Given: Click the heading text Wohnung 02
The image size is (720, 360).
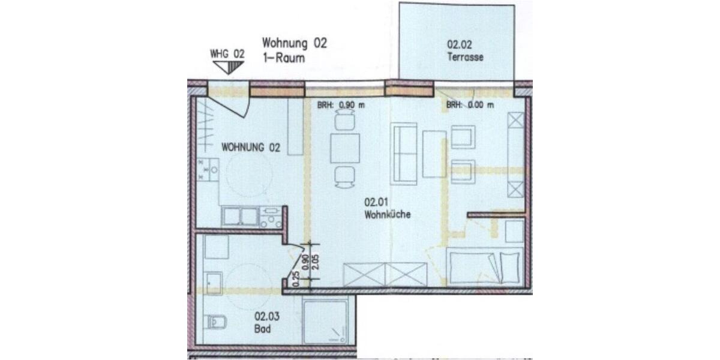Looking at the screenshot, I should tap(295, 44).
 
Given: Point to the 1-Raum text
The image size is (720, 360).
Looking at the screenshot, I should tap(284, 59).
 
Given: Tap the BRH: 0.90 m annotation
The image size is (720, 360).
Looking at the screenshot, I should tap(341, 105).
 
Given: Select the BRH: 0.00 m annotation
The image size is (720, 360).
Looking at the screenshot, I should tap(470, 105).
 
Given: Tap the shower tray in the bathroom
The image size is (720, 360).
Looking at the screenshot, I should tap(328, 321).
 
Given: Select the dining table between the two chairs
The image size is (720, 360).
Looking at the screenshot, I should tap(345, 148).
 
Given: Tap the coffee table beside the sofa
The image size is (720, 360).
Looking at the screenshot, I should tap(434, 154).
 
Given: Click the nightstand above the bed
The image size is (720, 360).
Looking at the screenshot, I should tap(515, 232).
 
